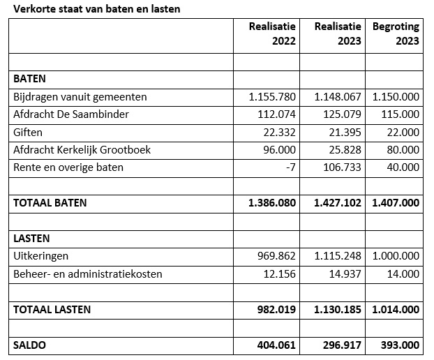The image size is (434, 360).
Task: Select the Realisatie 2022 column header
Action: click(272, 33)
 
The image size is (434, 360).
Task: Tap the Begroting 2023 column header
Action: click(396, 33)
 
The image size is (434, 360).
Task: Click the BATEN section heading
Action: click(29, 79)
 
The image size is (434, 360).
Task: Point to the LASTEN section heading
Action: click(31, 239)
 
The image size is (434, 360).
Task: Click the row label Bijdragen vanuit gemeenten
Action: click(80, 97)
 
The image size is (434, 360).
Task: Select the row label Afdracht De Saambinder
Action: click(71, 114)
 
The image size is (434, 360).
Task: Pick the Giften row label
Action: click(28, 132)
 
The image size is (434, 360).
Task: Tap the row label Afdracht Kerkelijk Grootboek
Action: click(82, 149)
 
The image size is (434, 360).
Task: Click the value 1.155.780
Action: click(272, 97)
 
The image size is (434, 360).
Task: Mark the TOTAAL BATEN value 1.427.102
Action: click(338, 203)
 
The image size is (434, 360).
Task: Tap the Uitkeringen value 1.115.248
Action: click(338, 256)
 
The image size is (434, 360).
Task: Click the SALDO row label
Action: click(30, 345)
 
